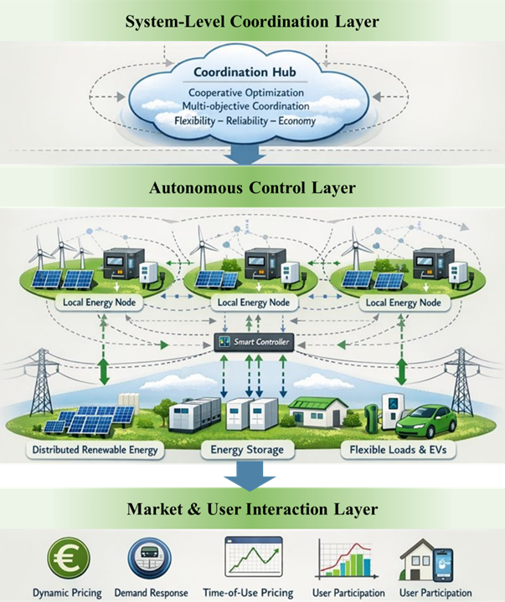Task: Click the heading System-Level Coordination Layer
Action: (252, 20)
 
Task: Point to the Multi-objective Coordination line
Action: (245, 106)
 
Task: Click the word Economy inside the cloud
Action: (294, 120)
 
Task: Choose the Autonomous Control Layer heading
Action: (252, 188)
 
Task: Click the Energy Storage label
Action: (249, 451)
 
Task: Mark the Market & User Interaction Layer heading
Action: (252, 509)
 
